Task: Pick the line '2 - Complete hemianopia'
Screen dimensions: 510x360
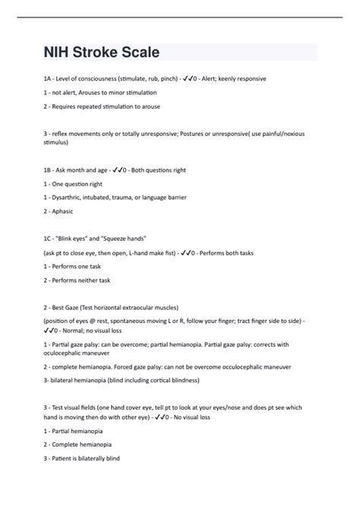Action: tap(83, 445)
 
